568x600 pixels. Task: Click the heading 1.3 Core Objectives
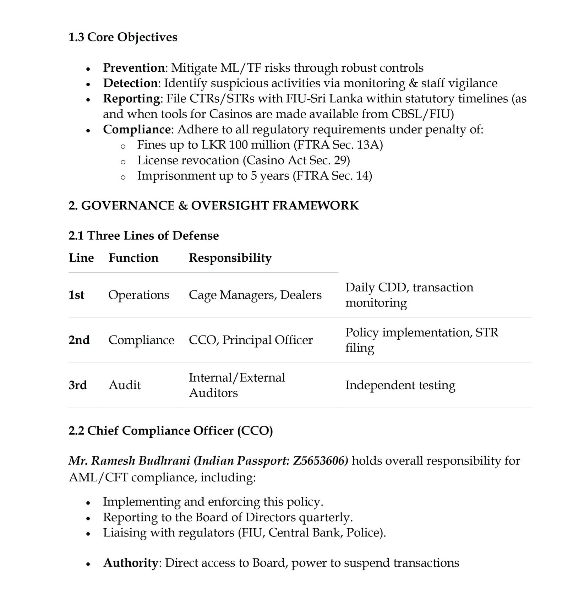pyautogui.click(x=123, y=37)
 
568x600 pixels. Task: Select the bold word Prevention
pyautogui.click(x=134, y=67)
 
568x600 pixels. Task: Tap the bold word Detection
pyautogui.click(x=130, y=83)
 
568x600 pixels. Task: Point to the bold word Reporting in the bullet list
pyautogui.click(x=131, y=98)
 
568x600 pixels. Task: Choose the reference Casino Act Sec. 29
pyautogui.click(x=296, y=160)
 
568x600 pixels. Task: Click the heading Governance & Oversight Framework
pyautogui.click(x=213, y=206)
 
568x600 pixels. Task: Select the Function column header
pyautogui.click(x=133, y=258)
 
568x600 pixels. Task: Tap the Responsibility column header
pyautogui.click(x=230, y=258)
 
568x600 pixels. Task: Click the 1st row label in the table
pyautogui.click(x=76, y=295)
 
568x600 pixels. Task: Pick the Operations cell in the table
pyautogui.click(x=139, y=295)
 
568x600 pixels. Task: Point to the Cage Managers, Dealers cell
pyautogui.click(x=255, y=295)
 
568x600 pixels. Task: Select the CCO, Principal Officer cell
pyautogui.click(x=251, y=340)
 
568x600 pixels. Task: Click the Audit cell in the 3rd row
pyautogui.click(x=125, y=385)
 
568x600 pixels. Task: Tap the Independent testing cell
pyautogui.click(x=400, y=385)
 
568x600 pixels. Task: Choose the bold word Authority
pyautogui.click(x=130, y=563)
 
